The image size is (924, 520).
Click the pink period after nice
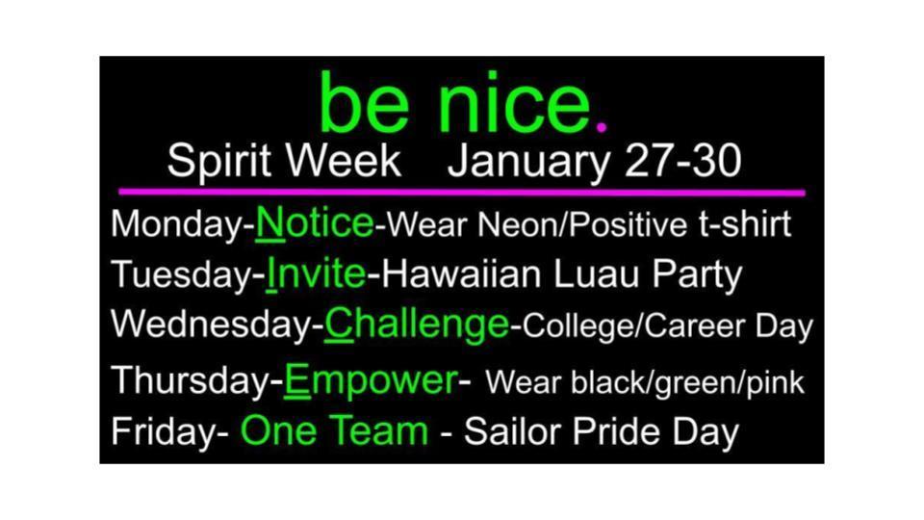[x=603, y=126]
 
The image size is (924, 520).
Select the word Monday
[x=177, y=225]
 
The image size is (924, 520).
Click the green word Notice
[x=315, y=223]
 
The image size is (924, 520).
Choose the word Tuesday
[x=181, y=275]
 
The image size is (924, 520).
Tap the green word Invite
[x=316, y=274]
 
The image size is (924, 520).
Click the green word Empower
[x=370, y=379]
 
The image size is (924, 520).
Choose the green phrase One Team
[x=334, y=430]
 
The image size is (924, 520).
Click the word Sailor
[x=511, y=431]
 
